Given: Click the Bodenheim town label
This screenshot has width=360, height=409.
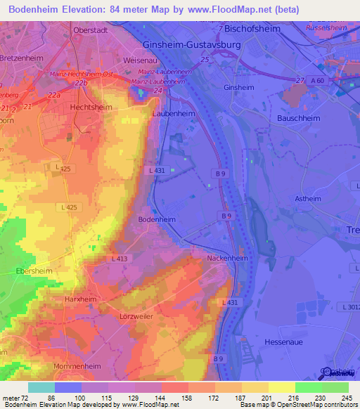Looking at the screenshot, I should coord(156,219).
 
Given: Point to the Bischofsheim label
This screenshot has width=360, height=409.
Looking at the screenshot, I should coord(256,29).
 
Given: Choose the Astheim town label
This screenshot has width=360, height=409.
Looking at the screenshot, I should coord(308,199).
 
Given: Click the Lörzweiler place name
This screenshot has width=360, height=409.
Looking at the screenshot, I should coord(136,317).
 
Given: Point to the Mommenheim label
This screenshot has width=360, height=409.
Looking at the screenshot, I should coord(77,366).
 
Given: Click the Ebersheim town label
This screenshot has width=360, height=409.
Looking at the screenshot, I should coord(32,270).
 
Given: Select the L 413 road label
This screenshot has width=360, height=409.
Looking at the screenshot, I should coord(120,259).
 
